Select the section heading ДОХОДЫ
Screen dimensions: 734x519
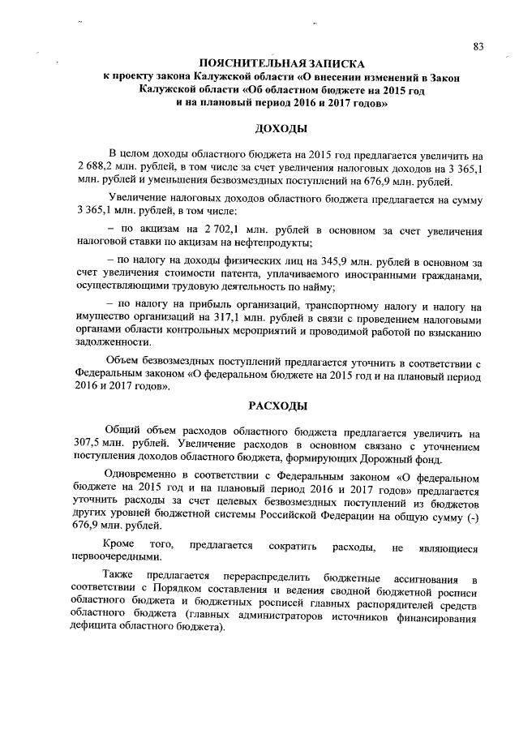[280, 129]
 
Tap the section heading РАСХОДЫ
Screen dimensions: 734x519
[280, 406]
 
